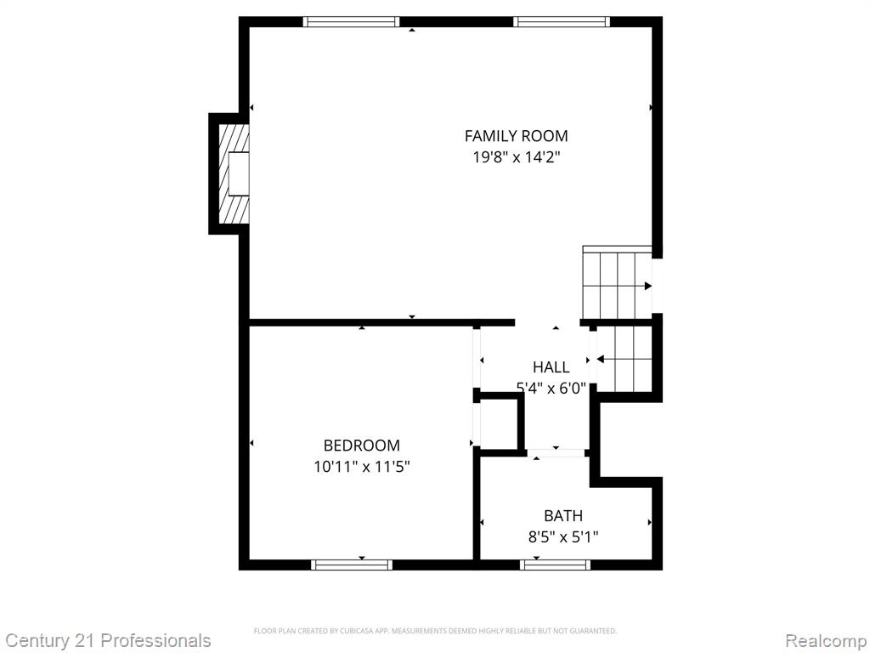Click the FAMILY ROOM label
[x=516, y=135]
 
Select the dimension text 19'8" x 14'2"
[x=516, y=157]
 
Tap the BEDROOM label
[x=361, y=446]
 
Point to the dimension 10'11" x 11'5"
[x=361, y=466]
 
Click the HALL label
[x=551, y=367]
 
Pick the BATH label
[x=562, y=515]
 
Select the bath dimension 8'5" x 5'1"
[x=562, y=537]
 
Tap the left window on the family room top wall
[x=351, y=22]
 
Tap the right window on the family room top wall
[x=562, y=22]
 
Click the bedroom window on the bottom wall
[x=352, y=564]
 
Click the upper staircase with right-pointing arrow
[x=616, y=281]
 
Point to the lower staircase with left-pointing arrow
[x=624, y=360]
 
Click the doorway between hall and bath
[x=556, y=452]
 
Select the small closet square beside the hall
[x=498, y=422]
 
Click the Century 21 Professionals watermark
[x=108, y=640]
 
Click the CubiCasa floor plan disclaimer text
[x=435, y=631]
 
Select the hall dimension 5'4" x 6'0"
[x=551, y=389]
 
